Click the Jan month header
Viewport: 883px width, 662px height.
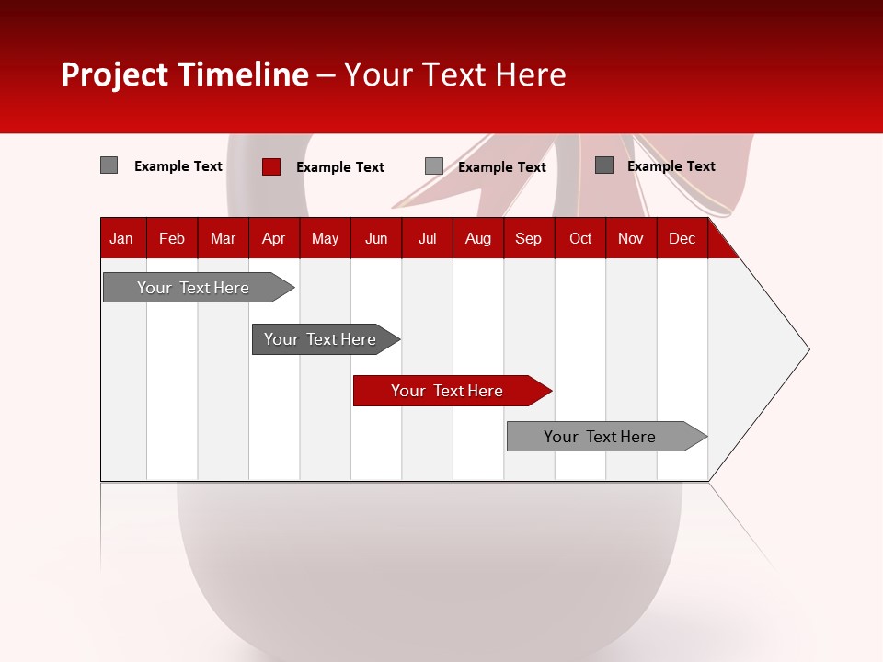click(121, 238)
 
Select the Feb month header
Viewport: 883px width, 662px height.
click(172, 238)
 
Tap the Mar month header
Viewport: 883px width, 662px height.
click(223, 238)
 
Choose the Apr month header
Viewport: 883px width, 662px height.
click(274, 238)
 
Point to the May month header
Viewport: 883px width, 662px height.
click(325, 238)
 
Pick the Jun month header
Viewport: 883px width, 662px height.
click(376, 238)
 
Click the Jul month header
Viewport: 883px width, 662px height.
click(427, 238)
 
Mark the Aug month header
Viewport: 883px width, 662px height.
click(478, 238)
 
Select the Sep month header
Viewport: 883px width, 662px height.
click(529, 238)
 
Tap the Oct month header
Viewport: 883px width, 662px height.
click(580, 238)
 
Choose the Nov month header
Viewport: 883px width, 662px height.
click(631, 238)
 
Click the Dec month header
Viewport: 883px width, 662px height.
click(682, 238)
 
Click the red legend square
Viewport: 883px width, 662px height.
click(271, 166)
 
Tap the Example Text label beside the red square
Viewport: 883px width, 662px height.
click(340, 167)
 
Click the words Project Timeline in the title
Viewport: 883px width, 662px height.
click(185, 74)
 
